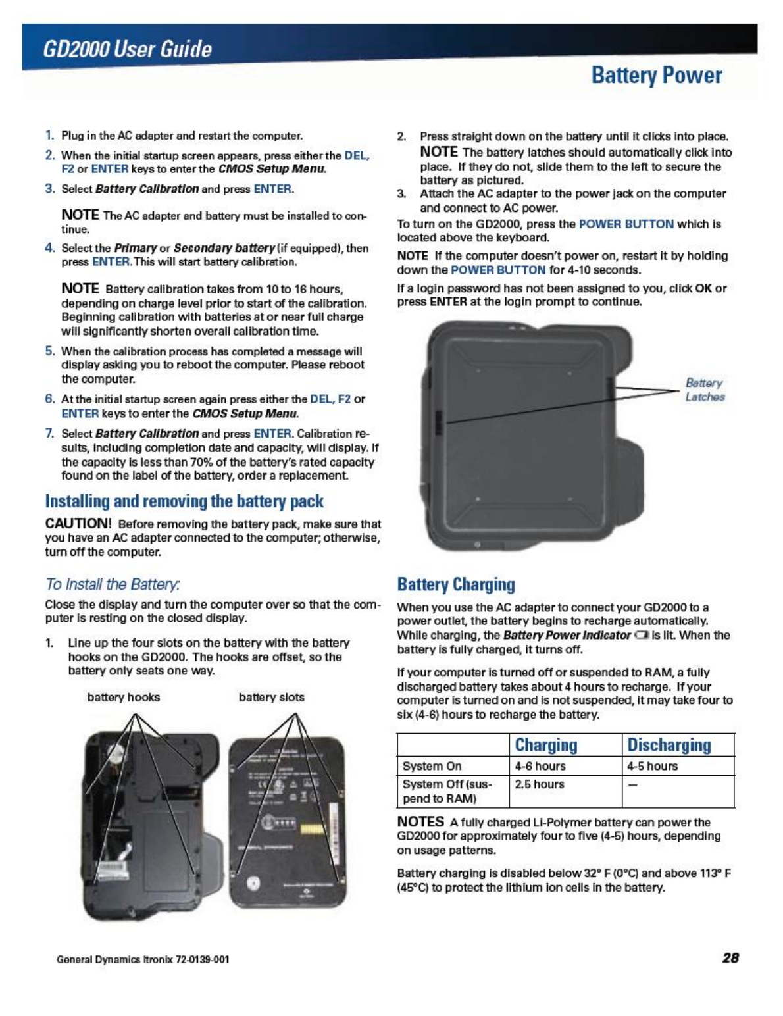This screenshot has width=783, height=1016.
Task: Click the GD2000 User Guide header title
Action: pos(127,49)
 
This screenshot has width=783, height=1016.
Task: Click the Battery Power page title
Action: pos(656,76)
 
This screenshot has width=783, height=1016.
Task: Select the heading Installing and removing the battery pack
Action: pos(184,501)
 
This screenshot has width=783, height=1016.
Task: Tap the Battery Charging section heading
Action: pos(456,584)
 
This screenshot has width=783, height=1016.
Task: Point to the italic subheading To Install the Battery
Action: pos(113,584)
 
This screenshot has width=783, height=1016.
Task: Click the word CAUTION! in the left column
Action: pos(78,524)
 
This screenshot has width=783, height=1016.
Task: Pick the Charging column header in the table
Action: pos(545,745)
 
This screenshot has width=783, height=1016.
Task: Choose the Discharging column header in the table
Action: pos(669,745)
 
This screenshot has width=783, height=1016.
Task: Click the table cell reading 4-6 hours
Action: pos(540,766)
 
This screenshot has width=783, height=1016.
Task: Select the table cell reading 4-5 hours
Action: pos(652,766)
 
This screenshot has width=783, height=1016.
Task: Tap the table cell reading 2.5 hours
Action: pos(540,784)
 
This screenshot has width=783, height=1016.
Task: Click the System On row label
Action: pos(432,766)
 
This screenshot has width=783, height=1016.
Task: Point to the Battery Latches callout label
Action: pos(704,390)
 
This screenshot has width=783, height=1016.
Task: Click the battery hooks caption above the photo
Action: pos(124,698)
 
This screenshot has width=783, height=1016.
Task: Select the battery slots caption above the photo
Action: pos(271,698)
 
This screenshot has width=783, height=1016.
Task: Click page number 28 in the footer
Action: pos(730,958)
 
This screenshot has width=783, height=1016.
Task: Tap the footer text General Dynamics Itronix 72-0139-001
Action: pos(143,959)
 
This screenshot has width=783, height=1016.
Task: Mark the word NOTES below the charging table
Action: pos(420,822)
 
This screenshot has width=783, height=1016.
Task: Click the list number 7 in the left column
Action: pos(49,434)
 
